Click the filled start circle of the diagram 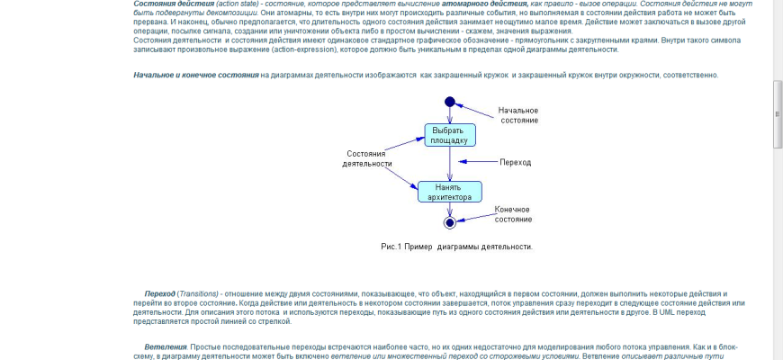click(x=450, y=101)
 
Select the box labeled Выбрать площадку click(x=450, y=135)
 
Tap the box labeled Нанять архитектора click(x=449, y=192)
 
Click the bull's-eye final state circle click(x=450, y=221)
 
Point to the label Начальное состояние click(x=517, y=115)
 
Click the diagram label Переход click(x=515, y=162)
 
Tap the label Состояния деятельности click(x=367, y=158)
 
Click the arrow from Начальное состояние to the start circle click(x=477, y=109)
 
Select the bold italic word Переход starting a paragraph click(x=159, y=294)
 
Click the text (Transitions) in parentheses click(x=198, y=294)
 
